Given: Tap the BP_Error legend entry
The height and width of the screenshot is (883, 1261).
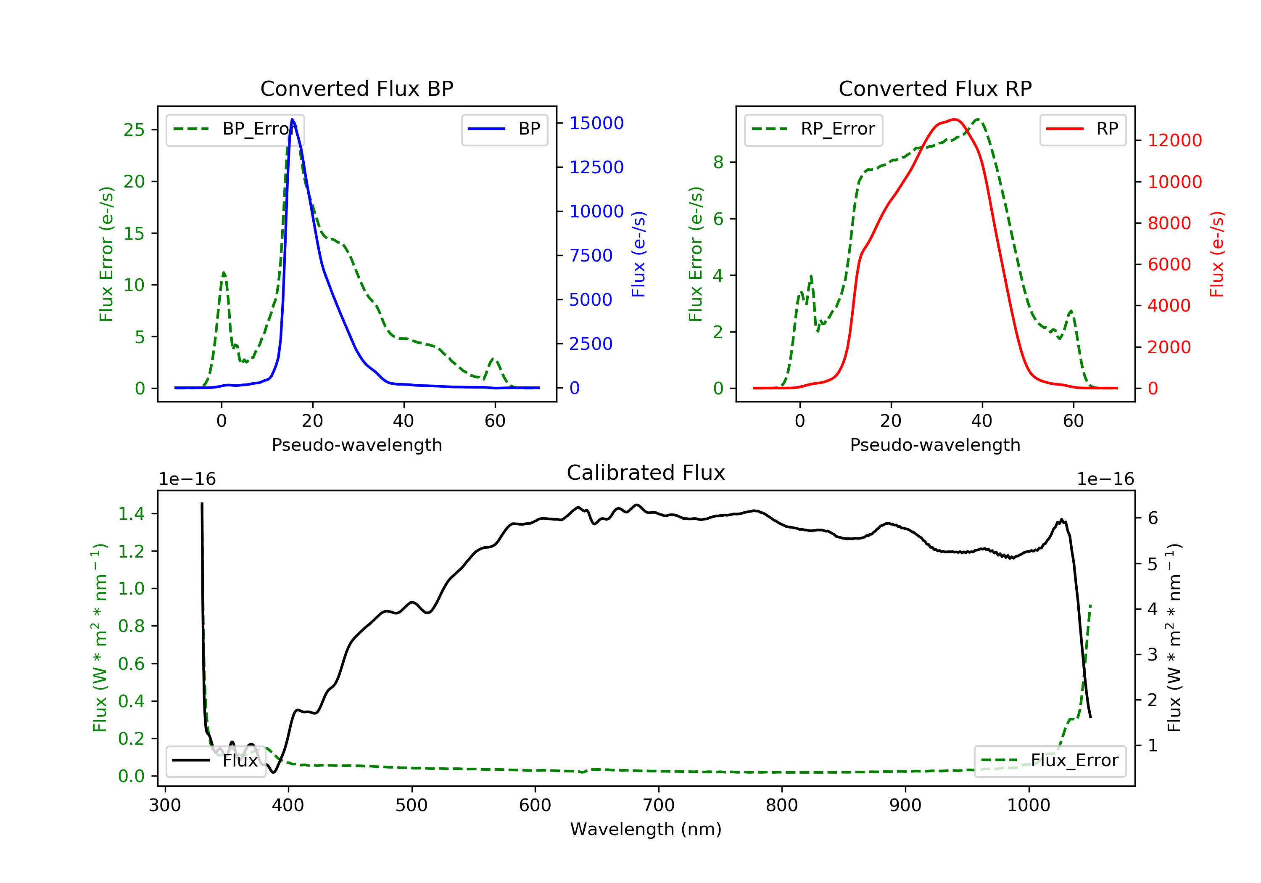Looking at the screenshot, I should click(x=235, y=130).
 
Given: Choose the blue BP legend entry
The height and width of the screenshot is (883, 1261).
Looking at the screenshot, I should click(x=504, y=130).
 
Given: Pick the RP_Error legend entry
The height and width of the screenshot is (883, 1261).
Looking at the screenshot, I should click(x=813, y=130).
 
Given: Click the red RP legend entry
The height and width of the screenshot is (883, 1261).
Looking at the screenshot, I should click(x=1082, y=130).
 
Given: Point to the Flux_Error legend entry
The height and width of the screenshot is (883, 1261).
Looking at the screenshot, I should click(x=1050, y=761).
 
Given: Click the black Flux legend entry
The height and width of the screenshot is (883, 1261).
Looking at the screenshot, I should click(x=215, y=761).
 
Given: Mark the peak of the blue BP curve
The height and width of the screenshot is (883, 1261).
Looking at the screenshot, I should click(x=292, y=119).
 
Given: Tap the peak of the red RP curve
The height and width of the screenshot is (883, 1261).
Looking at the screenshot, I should click(x=955, y=119).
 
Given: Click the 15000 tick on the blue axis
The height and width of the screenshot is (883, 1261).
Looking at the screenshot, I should click(x=596, y=123).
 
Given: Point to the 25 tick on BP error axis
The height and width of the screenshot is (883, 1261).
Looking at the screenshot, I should click(x=134, y=130).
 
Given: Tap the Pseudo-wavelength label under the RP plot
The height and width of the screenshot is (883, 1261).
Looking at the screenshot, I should click(x=935, y=445).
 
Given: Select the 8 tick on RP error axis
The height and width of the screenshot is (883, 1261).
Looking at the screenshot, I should click(x=718, y=162).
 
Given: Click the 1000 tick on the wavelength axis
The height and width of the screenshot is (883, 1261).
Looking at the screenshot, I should click(x=1028, y=806).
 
